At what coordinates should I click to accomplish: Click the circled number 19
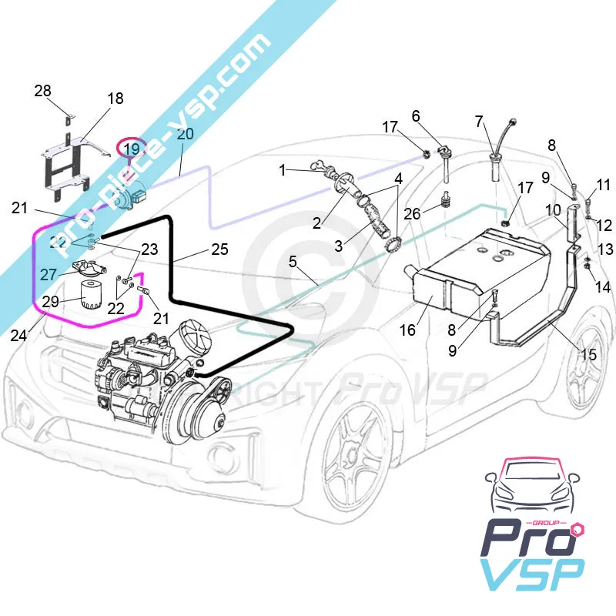(x=132, y=148)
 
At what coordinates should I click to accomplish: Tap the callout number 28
(x=42, y=91)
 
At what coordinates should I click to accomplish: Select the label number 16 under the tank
(x=407, y=330)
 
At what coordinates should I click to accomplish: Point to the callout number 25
(x=219, y=249)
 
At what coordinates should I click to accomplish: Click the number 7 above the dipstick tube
(x=479, y=121)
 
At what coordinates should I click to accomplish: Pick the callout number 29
(x=50, y=301)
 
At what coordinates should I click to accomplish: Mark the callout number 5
(x=293, y=261)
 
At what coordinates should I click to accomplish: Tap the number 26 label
(x=413, y=213)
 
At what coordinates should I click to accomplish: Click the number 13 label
(x=604, y=249)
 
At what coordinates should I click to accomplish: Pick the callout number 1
(x=283, y=169)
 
